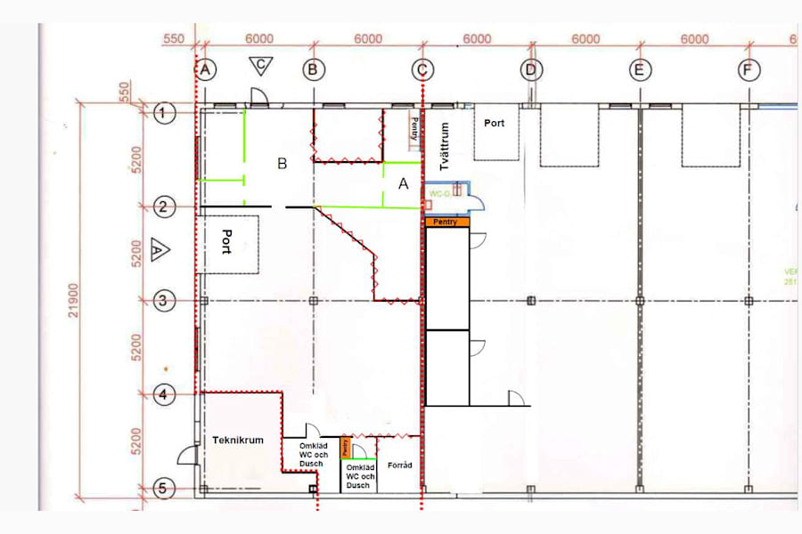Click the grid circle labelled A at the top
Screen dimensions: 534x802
(206, 69)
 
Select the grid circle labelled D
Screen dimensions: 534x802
(531, 69)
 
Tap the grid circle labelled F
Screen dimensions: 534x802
(748, 69)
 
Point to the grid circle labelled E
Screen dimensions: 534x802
(639, 69)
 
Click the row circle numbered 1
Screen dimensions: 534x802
(162, 113)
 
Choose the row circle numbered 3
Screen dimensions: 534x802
(162, 301)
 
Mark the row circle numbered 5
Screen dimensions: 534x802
(162, 488)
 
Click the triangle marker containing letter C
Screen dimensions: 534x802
(260, 65)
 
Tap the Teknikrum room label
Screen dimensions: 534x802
(238, 440)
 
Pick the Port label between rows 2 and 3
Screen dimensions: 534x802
(227, 242)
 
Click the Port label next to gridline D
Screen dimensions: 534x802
(495, 123)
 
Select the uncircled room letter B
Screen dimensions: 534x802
(282, 164)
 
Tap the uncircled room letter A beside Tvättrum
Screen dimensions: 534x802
(402, 183)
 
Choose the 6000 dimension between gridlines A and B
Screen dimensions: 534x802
(259, 39)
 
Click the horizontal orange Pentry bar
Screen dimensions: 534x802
(448, 222)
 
